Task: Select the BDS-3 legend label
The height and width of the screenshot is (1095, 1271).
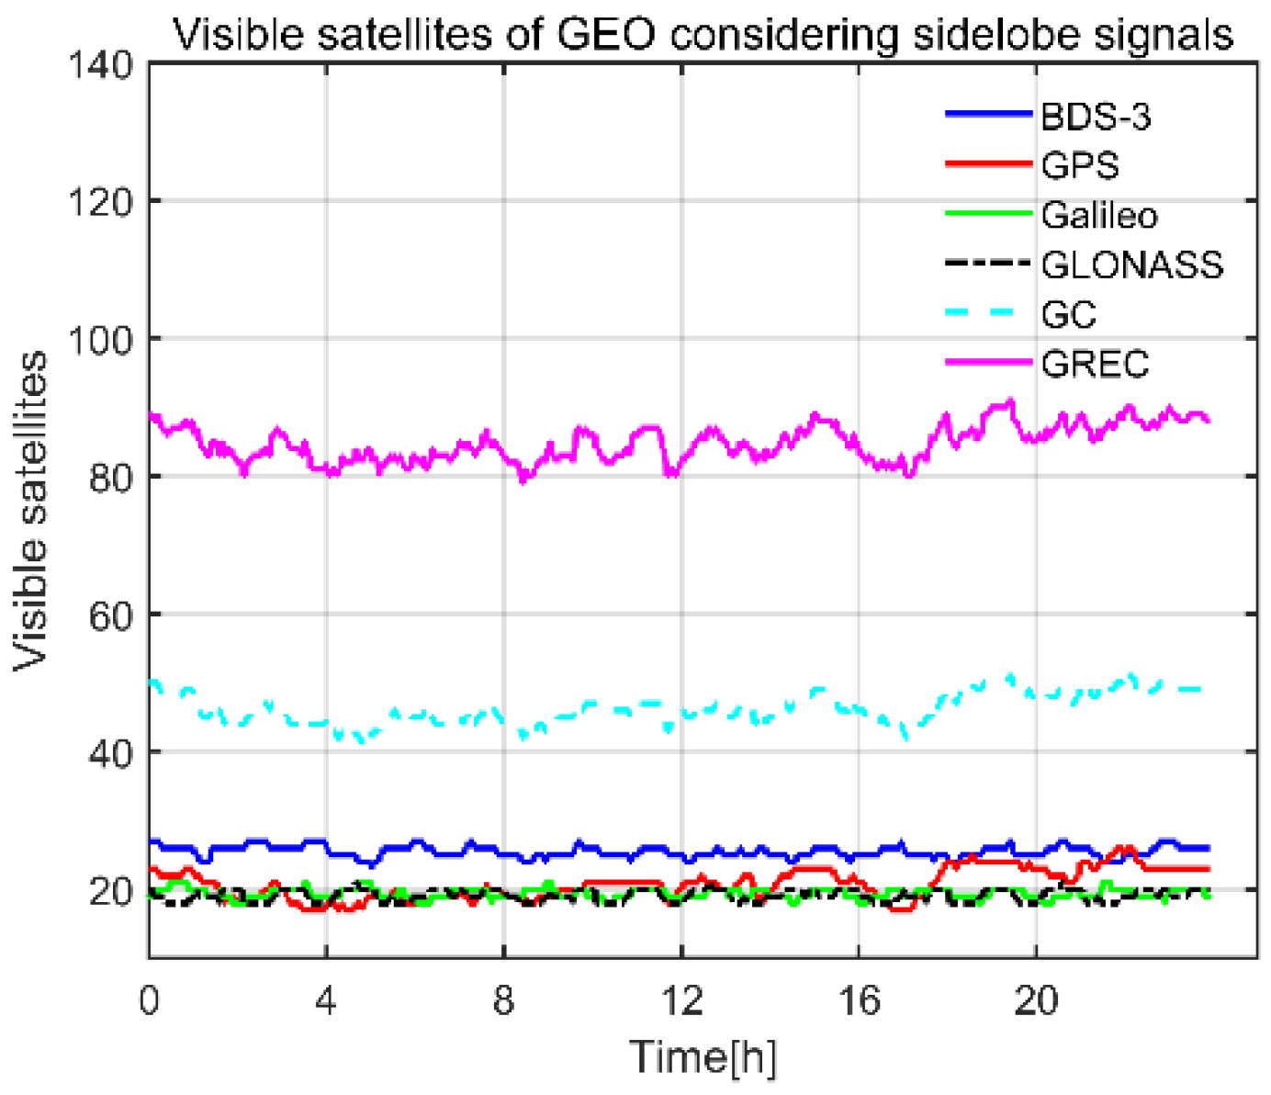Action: point(1096,117)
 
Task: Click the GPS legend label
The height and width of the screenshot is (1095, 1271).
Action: point(1080,166)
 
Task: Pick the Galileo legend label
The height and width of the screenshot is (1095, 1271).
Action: point(1099,216)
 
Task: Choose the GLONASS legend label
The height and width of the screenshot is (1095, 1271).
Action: point(1132,265)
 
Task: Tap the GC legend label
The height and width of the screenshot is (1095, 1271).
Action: point(1069,315)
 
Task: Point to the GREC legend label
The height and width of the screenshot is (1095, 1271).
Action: point(1095,365)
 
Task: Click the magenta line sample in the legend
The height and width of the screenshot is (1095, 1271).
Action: point(989,363)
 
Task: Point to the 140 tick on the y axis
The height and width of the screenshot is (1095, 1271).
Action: point(101,65)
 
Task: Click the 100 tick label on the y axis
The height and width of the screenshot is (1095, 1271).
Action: point(101,339)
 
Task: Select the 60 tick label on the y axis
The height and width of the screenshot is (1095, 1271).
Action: point(111,615)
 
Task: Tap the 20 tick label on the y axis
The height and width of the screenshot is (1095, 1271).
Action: point(111,890)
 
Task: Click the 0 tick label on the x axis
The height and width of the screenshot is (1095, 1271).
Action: point(149,1000)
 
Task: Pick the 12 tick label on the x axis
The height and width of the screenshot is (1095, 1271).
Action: point(680,1000)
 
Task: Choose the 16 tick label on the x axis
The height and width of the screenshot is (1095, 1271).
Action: point(858,1000)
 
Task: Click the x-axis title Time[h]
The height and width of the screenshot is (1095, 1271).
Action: point(703,1056)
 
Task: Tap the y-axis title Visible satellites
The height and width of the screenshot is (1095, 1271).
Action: point(31,511)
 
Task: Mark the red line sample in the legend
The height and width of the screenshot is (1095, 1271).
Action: point(989,164)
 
